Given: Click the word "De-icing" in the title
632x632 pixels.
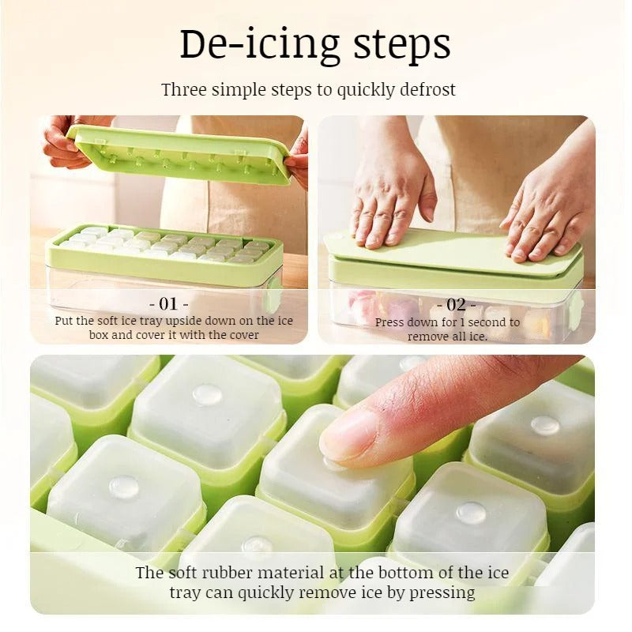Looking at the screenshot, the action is pos(259,44).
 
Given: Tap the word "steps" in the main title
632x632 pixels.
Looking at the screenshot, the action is pos(402,44).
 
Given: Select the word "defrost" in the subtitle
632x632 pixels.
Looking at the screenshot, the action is pos(427,89).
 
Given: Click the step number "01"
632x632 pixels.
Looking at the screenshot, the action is pos(169,303).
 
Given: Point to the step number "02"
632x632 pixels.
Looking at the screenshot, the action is pos(457,305).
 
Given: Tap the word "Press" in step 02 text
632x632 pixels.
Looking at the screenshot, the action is pos(389,322).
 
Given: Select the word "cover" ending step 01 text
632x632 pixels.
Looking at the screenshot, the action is pos(244,335).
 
